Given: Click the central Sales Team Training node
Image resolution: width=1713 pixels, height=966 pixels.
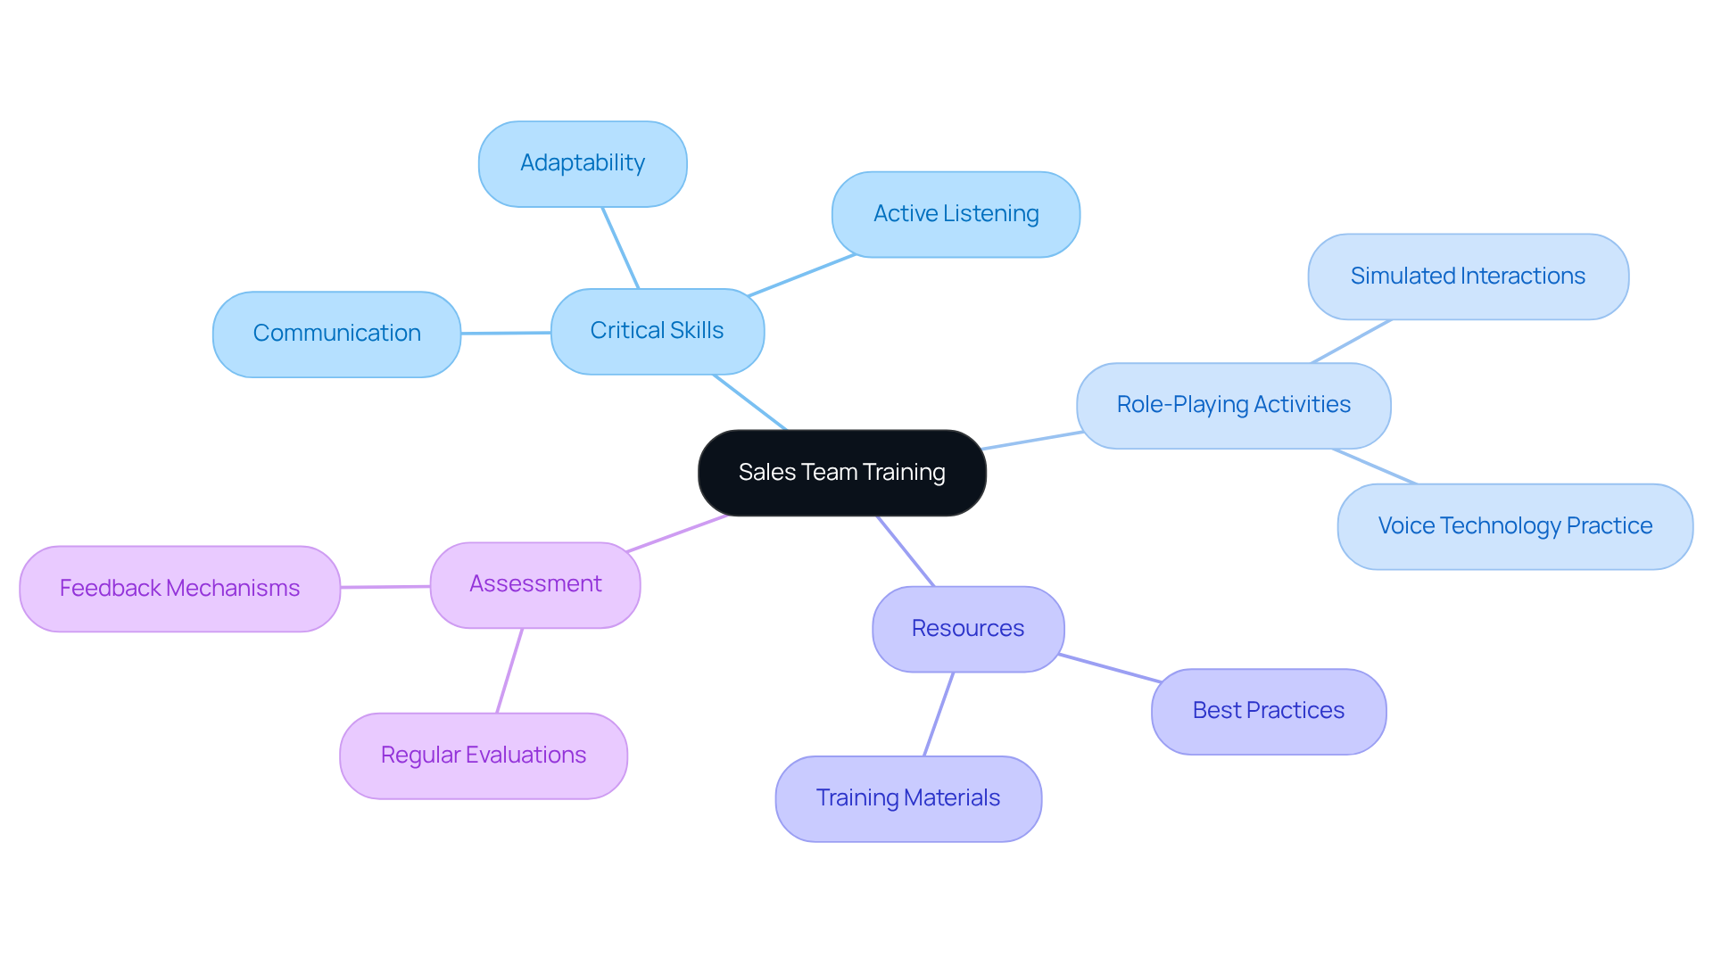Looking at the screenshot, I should [x=841, y=473].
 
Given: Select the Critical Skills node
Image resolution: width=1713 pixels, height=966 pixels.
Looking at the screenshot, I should [x=657, y=331].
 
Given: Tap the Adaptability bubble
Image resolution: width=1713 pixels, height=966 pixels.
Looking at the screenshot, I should [x=582, y=163].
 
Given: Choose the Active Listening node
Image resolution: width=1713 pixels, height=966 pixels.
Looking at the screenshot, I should [x=956, y=214].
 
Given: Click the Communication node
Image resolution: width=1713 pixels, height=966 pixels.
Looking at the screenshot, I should [x=336, y=334].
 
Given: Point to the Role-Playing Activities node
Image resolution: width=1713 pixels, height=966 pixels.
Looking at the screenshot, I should [x=1233, y=405].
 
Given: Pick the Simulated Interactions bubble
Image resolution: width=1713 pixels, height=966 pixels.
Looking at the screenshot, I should [x=1468, y=277].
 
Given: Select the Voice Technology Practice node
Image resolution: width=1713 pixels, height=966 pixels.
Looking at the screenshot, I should [x=1515, y=526].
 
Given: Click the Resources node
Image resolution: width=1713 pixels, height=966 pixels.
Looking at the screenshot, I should [x=967, y=629].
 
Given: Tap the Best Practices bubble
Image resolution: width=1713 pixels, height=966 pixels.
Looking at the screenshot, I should [x=1268, y=711].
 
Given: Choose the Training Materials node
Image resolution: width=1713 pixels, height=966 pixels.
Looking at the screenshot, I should [x=907, y=798].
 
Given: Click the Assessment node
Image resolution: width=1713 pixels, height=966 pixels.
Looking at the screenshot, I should [x=535, y=584].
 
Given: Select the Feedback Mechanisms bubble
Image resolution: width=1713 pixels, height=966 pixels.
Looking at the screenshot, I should [x=179, y=589].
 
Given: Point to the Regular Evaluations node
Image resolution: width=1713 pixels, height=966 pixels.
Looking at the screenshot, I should [x=483, y=755].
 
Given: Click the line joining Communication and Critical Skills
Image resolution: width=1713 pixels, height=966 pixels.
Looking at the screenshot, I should [x=506, y=333].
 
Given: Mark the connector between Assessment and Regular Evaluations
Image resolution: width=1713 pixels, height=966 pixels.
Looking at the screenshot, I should [x=509, y=671].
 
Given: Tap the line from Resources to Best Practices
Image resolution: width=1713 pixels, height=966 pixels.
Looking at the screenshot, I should [x=1109, y=668].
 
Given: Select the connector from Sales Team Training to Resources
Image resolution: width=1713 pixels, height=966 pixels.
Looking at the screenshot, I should [x=906, y=551].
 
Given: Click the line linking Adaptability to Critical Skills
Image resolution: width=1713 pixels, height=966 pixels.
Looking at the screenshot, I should [x=621, y=248].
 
